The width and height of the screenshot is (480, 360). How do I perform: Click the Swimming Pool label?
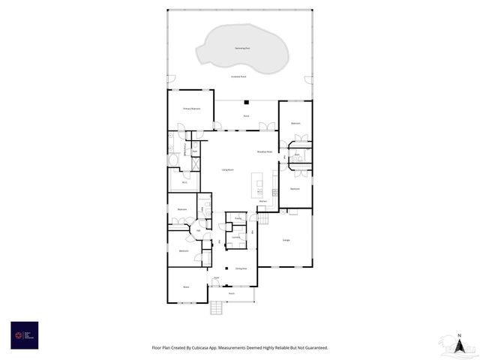pyautogui.click(x=242, y=48)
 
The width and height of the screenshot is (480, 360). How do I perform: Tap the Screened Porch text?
pyautogui.click(x=240, y=77)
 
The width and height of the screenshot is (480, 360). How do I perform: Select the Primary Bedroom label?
pyautogui.click(x=191, y=109)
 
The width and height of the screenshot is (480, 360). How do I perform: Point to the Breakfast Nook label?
pyautogui.click(x=264, y=152)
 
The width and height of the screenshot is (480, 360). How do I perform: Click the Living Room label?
pyautogui.click(x=226, y=170)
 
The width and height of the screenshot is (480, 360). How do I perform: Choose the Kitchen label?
pyautogui.click(x=263, y=202)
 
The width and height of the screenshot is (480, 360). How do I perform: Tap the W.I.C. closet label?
pyautogui.click(x=184, y=181)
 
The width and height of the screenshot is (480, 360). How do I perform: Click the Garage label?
pyautogui.click(x=286, y=240)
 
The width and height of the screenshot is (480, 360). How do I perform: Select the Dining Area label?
pyautogui.click(x=241, y=268)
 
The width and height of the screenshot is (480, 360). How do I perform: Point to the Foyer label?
pyautogui.click(x=215, y=278)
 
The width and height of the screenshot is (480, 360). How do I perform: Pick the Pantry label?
pyautogui.click(x=238, y=218)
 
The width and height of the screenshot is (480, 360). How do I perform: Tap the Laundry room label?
pyautogui.click(x=235, y=237)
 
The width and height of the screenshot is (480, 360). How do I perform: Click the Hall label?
pyautogui.click(x=198, y=230)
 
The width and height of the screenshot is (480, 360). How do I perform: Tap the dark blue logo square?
pyautogui.click(x=25, y=334)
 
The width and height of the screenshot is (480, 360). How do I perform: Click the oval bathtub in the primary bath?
pyautogui.click(x=174, y=160)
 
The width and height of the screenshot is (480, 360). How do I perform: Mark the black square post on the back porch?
pyautogui.click(x=245, y=102)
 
